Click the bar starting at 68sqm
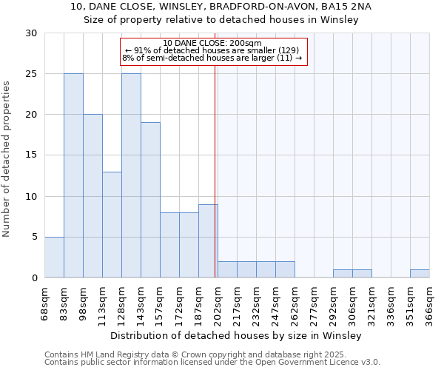54,257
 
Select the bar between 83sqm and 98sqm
73,175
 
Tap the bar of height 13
112,224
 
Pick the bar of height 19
150,200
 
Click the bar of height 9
208,240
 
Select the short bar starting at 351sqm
420,273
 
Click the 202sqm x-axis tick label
218,302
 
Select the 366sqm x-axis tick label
429,302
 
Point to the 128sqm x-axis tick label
121,302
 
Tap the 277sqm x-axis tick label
314,302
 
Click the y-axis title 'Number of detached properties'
7,159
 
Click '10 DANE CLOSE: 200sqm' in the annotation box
212,43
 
